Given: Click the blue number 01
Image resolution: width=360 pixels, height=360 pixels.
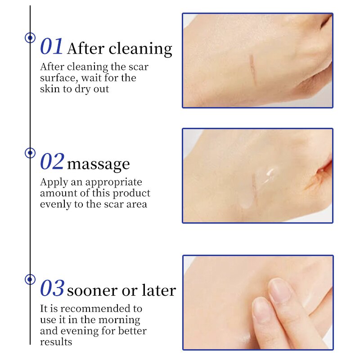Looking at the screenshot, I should pyautogui.click(x=52, y=47).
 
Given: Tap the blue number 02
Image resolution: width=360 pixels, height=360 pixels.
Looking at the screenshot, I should pyautogui.click(x=52, y=162).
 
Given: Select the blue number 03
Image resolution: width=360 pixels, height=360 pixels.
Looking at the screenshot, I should pyautogui.click(x=52, y=288).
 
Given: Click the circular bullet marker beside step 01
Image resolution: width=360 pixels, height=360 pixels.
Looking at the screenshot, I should pyautogui.click(x=30, y=38).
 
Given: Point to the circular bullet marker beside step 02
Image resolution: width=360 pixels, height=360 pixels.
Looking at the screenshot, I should pyautogui.click(x=30, y=153).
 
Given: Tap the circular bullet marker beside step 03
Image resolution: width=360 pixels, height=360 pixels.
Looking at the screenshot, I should pyautogui.click(x=30, y=279).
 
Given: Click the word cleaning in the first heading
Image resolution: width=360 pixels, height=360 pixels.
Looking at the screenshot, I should pyautogui.click(x=140, y=49).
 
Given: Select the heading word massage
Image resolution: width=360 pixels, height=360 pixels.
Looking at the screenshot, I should pyautogui.click(x=98, y=164).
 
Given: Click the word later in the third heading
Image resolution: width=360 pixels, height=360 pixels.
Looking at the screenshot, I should pyautogui.click(x=158, y=290).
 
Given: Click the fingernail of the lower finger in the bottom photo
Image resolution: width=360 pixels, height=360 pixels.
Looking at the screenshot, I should pyautogui.click(x=262, y=311).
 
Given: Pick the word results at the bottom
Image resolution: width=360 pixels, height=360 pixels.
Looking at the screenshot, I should pyautogui.click(x=56, y=342).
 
